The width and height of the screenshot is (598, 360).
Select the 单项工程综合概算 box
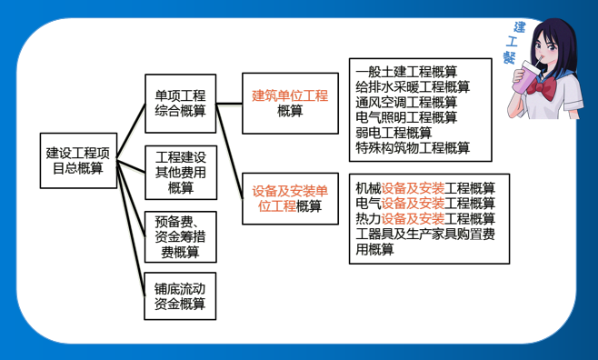tap(180, 103)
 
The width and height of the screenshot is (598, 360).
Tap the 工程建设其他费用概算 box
tap(180, 173)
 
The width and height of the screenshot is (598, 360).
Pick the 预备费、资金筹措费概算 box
tap(180, 236)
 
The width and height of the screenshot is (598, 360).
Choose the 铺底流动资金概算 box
tap(180, 295)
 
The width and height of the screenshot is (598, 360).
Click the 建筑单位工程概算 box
tap(289, 103)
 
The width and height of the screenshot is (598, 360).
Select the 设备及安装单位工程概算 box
tap(289, 198)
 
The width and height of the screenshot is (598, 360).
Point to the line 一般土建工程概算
tap(406, 72)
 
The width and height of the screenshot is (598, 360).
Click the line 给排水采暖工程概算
tap(413, 87)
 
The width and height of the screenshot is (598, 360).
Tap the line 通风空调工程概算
tap(406, 102)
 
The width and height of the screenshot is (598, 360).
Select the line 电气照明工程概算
tap(406, 117)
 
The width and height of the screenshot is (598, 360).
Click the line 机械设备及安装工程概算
tap(425, 188)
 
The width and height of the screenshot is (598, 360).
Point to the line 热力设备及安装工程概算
tap(425, 218)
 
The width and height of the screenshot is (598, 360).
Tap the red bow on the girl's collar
tap(548, 90)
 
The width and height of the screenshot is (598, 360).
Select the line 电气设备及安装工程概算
tap(425, 203)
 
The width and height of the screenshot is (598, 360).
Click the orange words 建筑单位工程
tap(289, 95)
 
